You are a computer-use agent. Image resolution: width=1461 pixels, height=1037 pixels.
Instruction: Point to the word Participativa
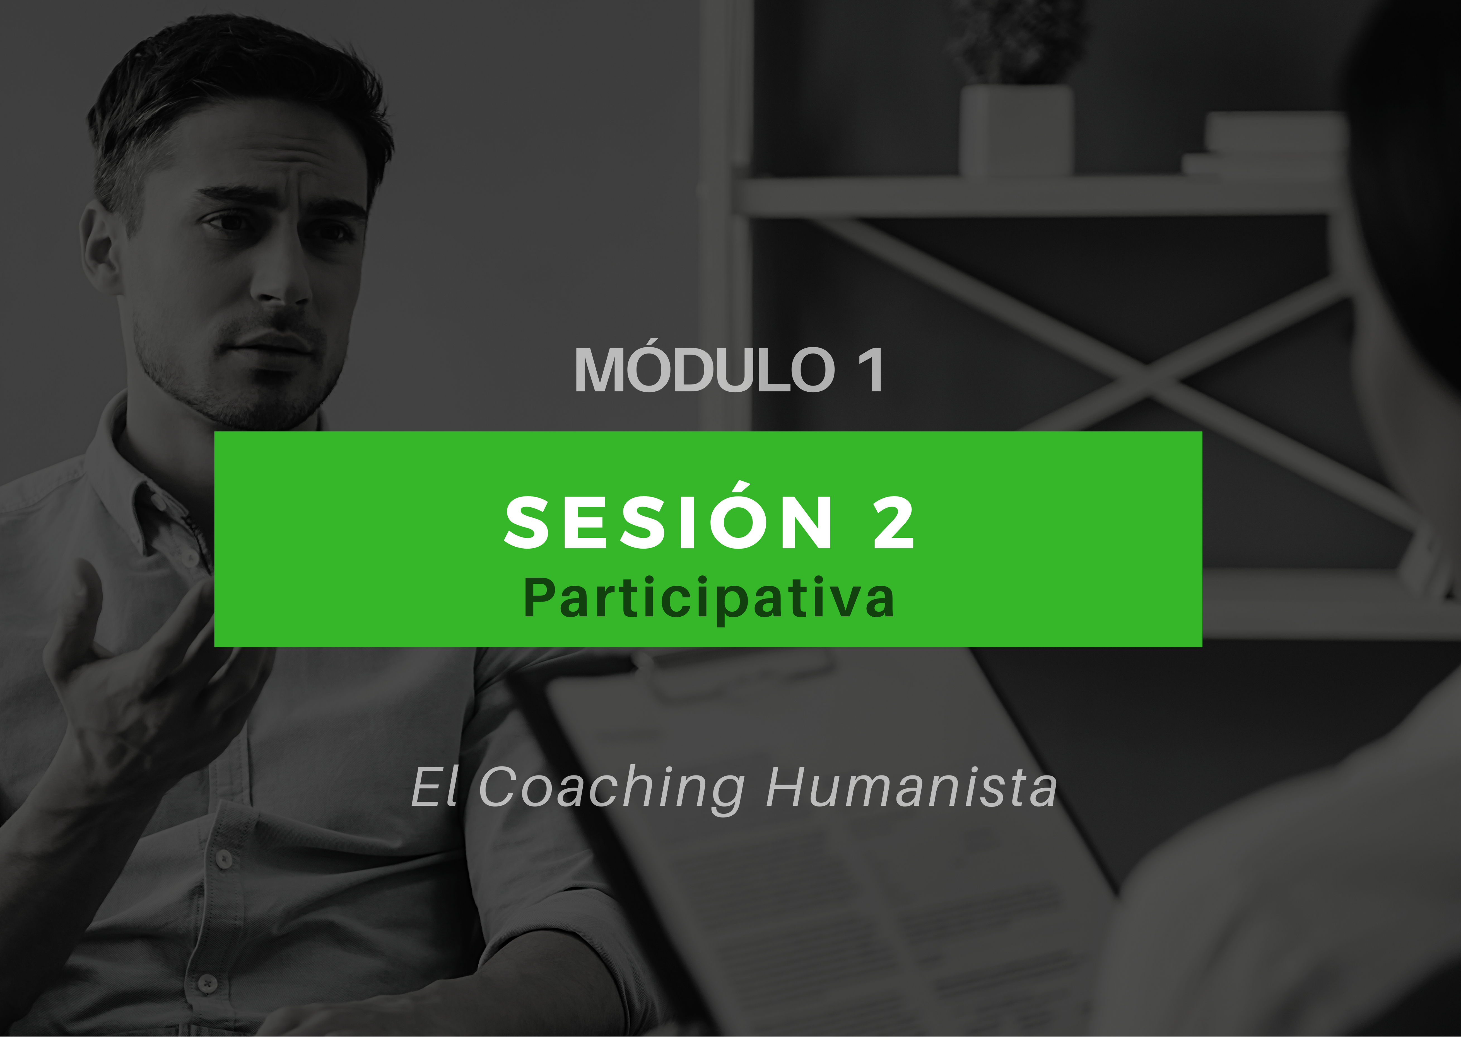[708, 598]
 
